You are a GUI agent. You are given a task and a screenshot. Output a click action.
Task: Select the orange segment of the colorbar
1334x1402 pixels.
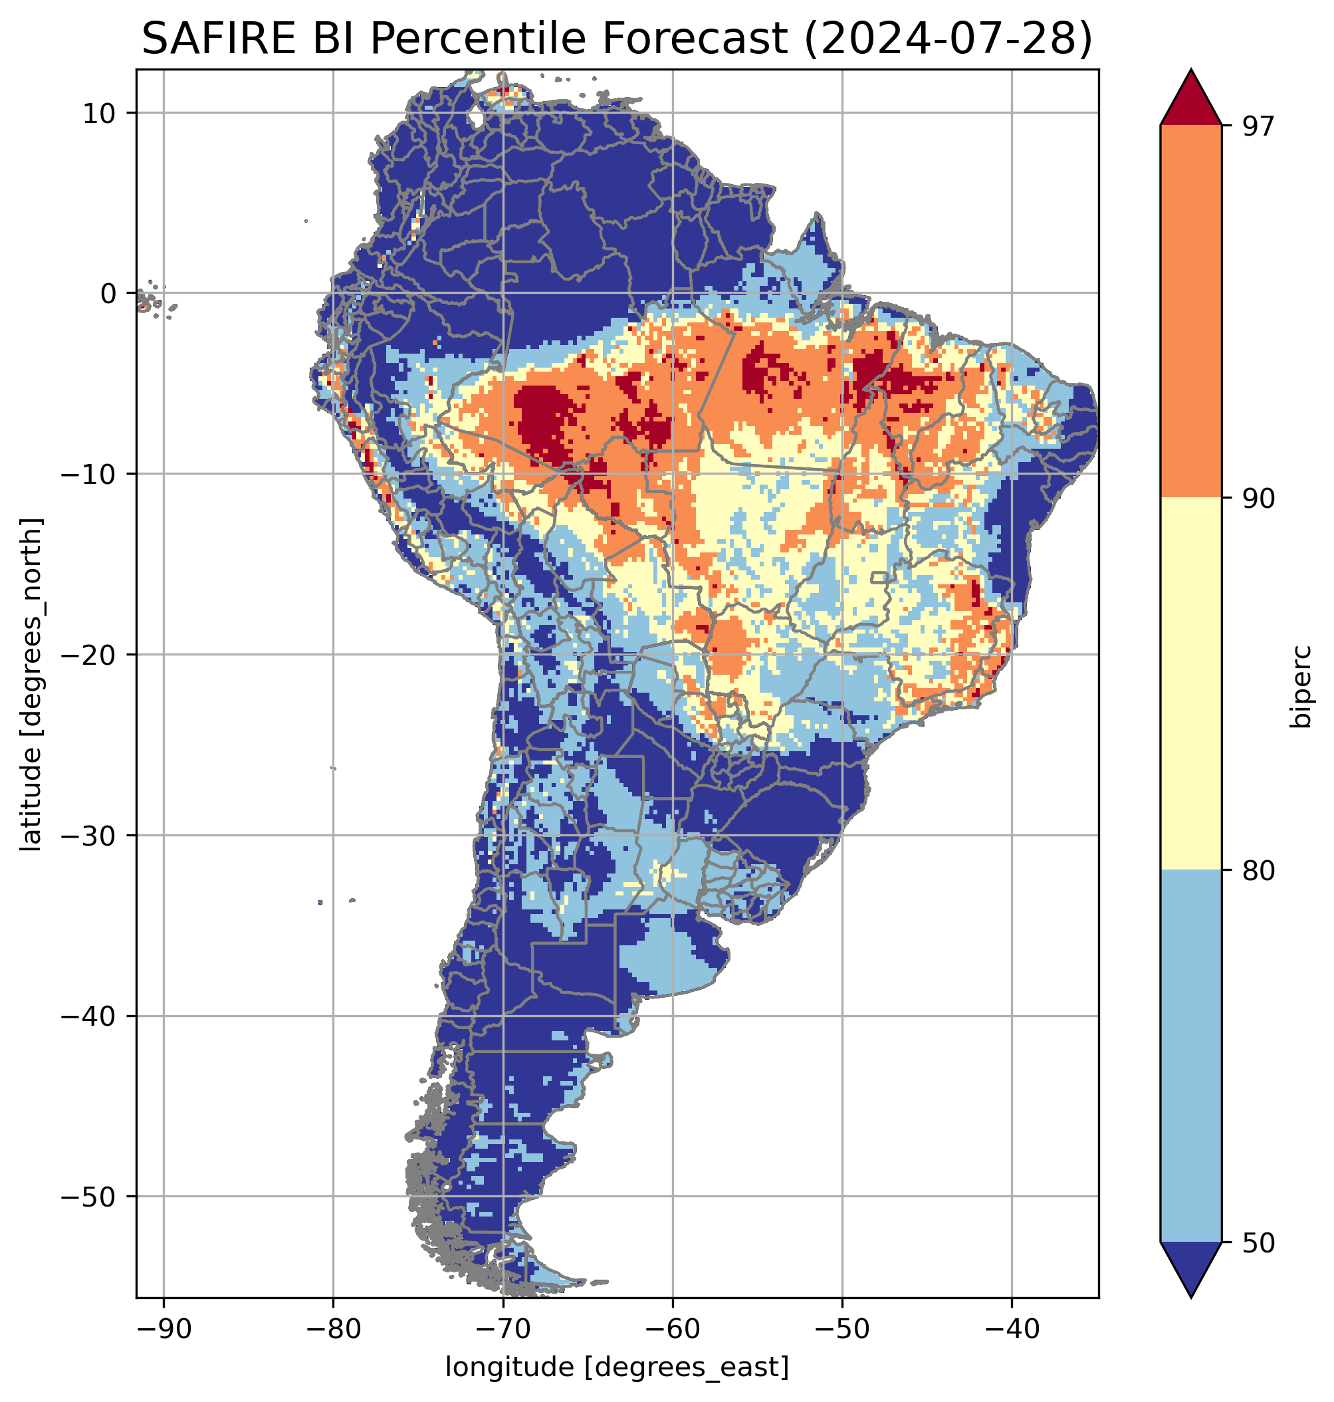[1190, 312]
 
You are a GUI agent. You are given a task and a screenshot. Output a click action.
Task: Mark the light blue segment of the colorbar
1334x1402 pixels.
[1190, 1056]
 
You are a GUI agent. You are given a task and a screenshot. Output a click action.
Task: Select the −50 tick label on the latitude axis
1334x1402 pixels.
[89, 1197]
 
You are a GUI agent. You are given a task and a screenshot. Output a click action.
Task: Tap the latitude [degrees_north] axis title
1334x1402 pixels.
[31, 684]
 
